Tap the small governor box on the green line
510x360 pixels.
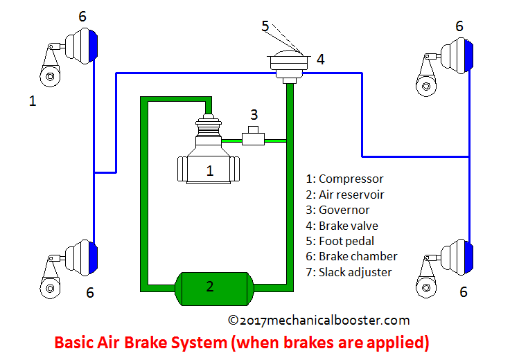click(254, 136)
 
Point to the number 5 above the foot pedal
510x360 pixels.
click(265, 26)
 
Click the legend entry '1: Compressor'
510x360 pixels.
click(344, 179)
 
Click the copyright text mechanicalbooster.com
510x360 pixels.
click(318, 320)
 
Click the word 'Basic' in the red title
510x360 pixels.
click(73, 342)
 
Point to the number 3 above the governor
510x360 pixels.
click(254, 114)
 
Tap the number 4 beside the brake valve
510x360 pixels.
click(320, 60)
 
